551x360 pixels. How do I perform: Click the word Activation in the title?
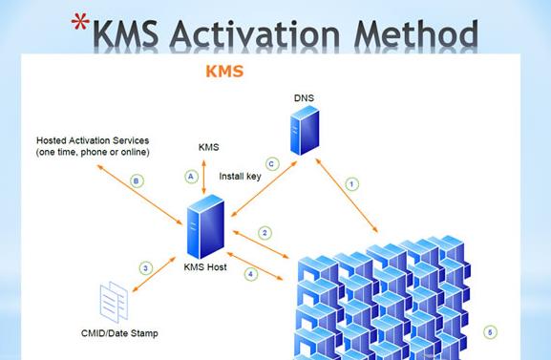pos(262,35)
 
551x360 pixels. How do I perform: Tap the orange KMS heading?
pos(225,72)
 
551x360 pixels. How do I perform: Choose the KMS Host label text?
pos(204,268)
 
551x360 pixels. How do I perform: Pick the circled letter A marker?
pos(191,177)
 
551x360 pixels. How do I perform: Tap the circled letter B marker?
pos(137,180)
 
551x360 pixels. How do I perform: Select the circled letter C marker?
pos(271,164)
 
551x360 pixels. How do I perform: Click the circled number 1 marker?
pos(352,182)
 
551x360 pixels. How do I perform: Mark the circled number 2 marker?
pos(265,233)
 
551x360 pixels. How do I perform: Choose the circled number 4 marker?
pos(251,274)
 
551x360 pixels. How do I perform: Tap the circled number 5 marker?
pos(490,333)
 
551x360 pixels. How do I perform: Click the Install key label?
pos(240,177)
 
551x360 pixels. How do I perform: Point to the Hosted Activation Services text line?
pos(92,141)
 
